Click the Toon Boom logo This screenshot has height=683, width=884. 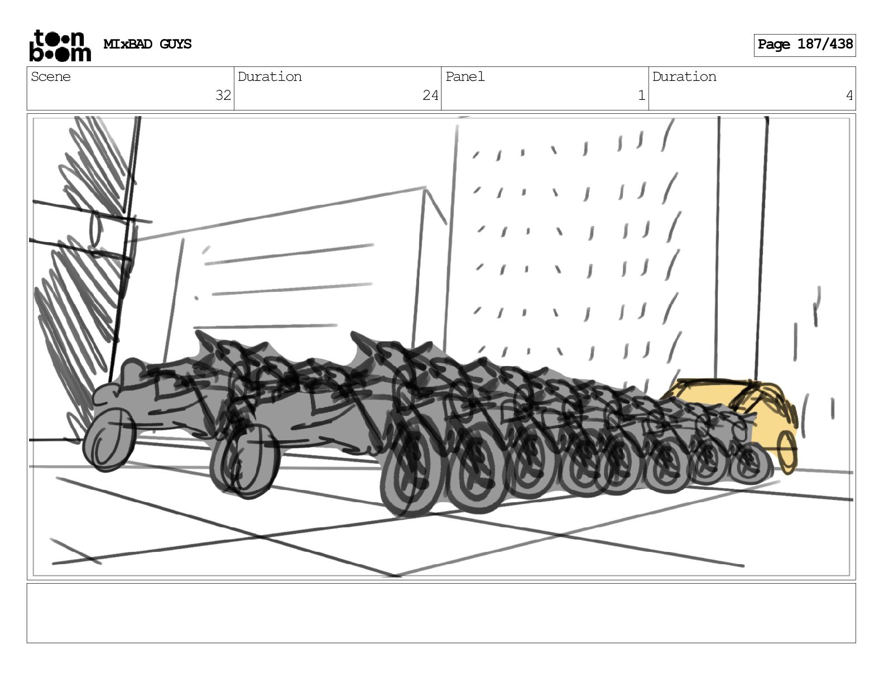coord(60,46)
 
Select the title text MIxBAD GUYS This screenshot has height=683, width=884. coord(147,44)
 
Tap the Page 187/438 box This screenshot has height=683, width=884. coord(804,45)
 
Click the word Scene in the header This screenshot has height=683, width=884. coord(50,76)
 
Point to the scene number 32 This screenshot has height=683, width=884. coord(223,95)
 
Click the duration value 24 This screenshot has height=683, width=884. coord(430,95)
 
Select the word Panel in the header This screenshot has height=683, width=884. coord(465,76)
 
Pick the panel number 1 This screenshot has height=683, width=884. coord(642,95)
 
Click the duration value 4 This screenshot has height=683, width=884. coord(849,95)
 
